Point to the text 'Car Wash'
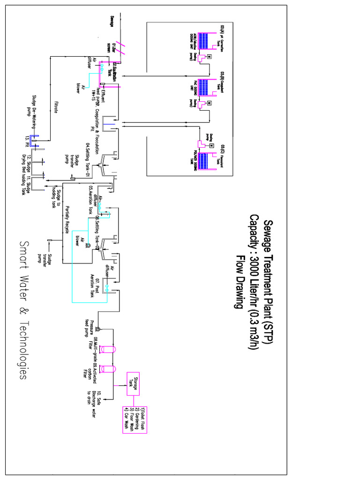coord(126,420)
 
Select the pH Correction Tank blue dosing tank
coord(206,41)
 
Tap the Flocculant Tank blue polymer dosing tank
coord(206,161)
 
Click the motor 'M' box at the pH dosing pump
coord(209,57)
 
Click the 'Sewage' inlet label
coord(112,22)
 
